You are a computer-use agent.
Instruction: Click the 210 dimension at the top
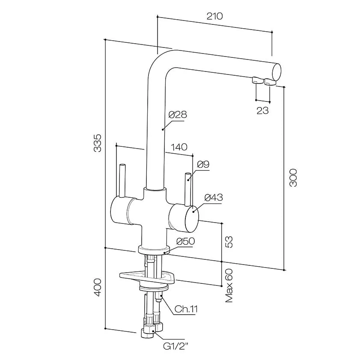[214, 16]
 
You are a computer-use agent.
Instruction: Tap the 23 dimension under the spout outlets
[262, 110]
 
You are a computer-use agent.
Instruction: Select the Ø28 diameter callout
[178, 115]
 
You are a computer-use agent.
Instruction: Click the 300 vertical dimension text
[293, 177]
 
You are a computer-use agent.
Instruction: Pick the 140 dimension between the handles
[179, 147]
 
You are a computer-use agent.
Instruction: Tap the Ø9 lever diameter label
[203, 164]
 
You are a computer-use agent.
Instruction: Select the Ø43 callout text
[214, 198]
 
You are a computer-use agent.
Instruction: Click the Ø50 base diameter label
[186, 241]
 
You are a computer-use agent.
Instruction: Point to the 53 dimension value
[229, 241]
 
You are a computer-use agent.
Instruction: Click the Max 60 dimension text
[229, 286]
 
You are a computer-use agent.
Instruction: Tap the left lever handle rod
[122, 180]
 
